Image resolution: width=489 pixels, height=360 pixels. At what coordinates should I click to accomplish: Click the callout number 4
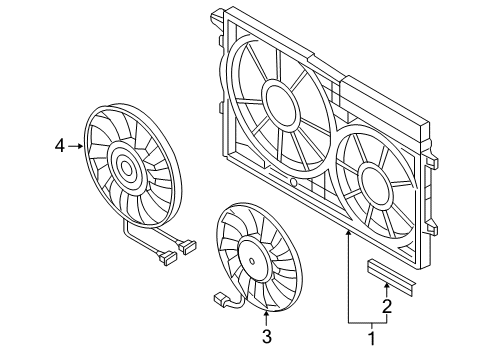(60, 146)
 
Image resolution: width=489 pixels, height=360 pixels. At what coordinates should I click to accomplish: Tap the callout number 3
(267, 337)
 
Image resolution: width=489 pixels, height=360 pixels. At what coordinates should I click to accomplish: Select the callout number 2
(387, 307)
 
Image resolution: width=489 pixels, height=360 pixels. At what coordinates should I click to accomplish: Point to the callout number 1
(372, 339)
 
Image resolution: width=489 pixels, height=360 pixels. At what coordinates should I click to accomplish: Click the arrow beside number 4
(75, 146)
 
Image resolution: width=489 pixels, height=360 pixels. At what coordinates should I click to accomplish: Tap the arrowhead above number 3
(266, 313)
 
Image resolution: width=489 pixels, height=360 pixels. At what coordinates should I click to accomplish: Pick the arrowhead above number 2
(387, 286)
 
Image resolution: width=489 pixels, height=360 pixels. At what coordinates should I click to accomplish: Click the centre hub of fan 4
(126, 168)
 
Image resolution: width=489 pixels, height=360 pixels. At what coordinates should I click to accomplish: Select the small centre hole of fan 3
(252, 261)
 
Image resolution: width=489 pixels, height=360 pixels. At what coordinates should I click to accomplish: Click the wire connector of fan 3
(220, 298)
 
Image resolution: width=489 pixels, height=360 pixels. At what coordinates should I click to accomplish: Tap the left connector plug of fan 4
(168, 258)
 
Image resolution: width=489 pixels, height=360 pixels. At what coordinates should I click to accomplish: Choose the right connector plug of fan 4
(187, 247)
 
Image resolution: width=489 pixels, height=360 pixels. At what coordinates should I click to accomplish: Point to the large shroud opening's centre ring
(279, 104)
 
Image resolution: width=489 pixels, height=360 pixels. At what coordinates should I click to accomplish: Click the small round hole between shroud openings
(294, 182)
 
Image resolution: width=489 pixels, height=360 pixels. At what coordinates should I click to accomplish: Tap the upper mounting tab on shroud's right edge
(432, 162)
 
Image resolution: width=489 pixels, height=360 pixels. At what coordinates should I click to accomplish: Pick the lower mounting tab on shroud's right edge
(432, 229)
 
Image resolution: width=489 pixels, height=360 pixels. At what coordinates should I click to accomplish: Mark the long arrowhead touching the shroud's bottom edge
(348, 234)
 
